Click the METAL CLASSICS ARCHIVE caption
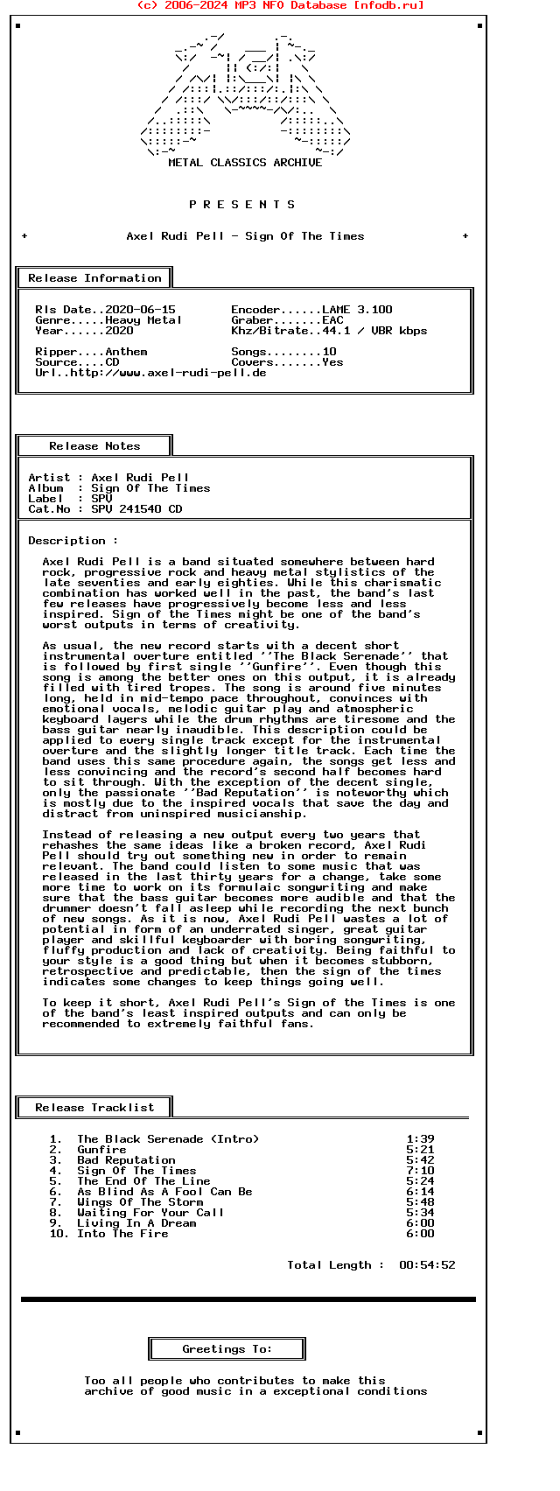245,163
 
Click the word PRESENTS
242,205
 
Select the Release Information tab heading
94,278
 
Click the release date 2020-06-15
140,310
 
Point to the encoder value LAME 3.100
357,310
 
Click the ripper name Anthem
126,352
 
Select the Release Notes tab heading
94,446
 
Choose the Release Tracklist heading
94,1108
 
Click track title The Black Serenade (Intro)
168,1139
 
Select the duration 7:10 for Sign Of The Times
420,1171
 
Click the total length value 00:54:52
427,1265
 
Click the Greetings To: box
227,1349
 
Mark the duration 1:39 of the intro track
420,1139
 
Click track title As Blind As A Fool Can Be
164,1192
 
